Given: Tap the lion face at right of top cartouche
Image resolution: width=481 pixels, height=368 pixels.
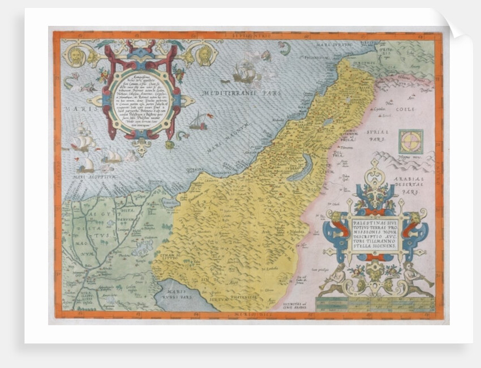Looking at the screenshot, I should [x=204, y=55].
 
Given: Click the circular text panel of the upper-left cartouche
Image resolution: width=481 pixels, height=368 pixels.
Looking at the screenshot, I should [x=141, y=95].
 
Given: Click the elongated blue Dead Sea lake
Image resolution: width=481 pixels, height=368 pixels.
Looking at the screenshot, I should [x=299, y=168].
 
